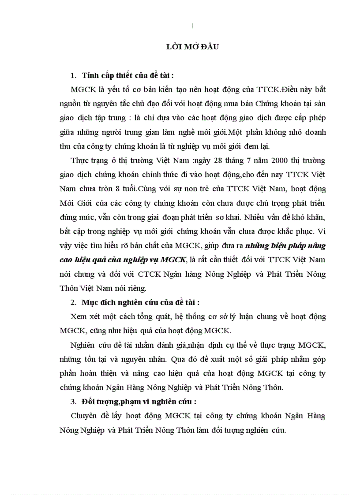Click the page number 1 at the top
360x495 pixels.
point(192,26)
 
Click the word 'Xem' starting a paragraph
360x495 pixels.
point(79,316)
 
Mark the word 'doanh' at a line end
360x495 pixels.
point(315,132)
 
